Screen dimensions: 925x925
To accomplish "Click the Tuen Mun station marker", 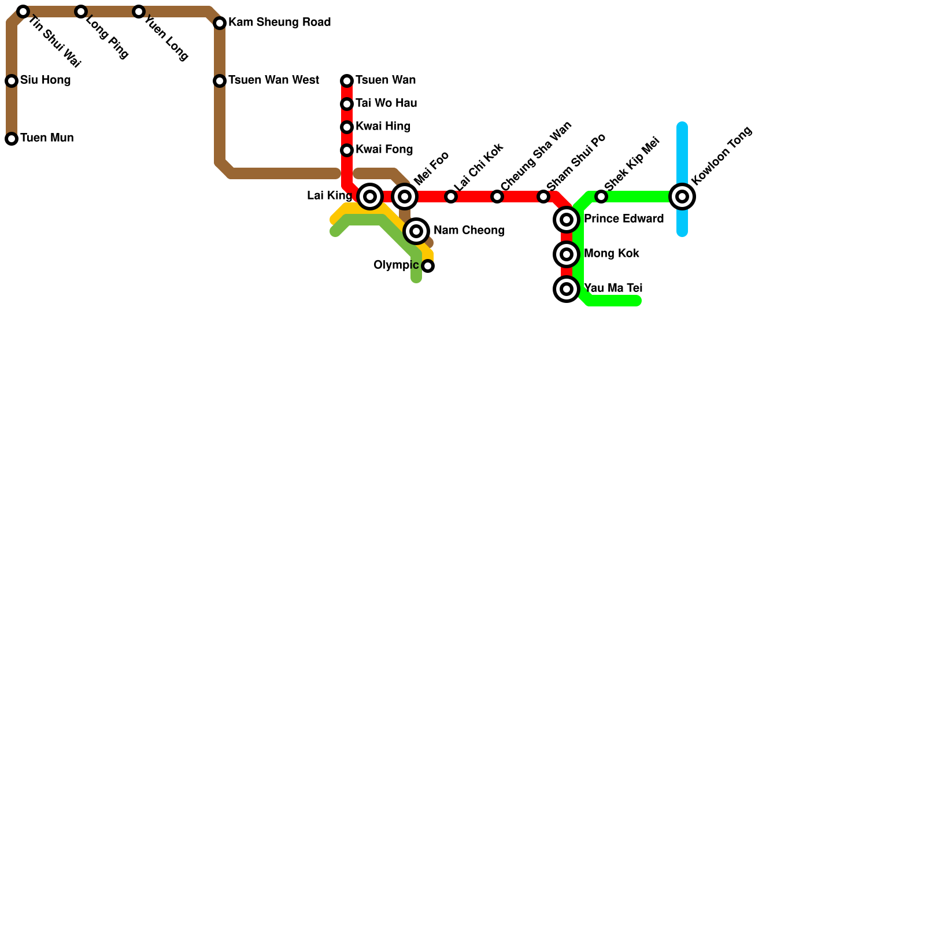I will click(12, 139).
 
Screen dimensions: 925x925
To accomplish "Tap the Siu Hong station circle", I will click(12, 81).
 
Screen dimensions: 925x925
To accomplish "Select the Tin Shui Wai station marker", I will click(23, 12).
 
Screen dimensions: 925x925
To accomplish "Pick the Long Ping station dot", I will click(81, 12).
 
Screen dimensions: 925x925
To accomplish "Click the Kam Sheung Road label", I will click(279, 23).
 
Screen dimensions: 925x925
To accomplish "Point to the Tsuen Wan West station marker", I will click(220, 81).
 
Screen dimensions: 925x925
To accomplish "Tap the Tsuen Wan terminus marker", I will click(347, 81).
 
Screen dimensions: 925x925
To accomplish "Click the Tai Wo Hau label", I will click(386, 103).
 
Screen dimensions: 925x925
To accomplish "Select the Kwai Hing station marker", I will click(347, 127).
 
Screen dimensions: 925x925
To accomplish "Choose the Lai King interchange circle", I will click(370, 197).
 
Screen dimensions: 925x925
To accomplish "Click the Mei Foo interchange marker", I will click(405, 197).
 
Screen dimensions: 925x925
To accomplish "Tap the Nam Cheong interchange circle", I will click(416, 231).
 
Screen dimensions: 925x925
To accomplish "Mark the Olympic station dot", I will click(428, 266).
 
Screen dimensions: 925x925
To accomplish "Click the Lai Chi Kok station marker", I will click(451, 197).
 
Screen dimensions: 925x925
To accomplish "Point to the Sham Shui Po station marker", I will click(543, 197).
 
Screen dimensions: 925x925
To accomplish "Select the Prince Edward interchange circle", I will click(567, 220).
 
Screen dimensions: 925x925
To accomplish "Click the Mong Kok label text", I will click(611, 254).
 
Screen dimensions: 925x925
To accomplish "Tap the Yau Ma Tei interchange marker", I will click(567, 289).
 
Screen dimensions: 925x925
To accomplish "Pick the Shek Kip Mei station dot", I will click(601, 197).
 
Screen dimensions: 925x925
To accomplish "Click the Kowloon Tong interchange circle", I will click(682, 197).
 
